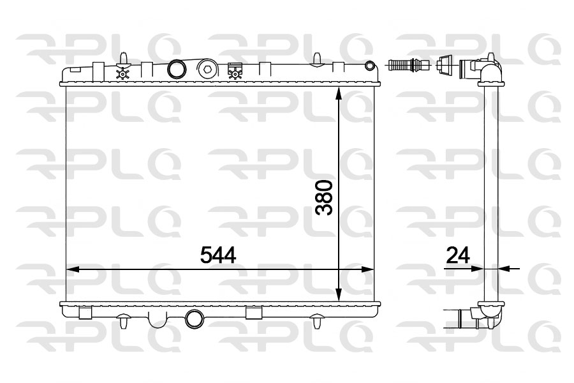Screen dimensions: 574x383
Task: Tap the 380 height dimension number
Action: (325, 197)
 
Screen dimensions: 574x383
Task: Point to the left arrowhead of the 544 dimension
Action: (73, 270)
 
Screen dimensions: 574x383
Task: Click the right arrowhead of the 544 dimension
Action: (367, 270)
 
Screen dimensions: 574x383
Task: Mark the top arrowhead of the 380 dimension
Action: (339, 93)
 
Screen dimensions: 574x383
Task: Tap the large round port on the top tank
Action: (177, 69)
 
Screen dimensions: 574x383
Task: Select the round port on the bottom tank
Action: (195, 319)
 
